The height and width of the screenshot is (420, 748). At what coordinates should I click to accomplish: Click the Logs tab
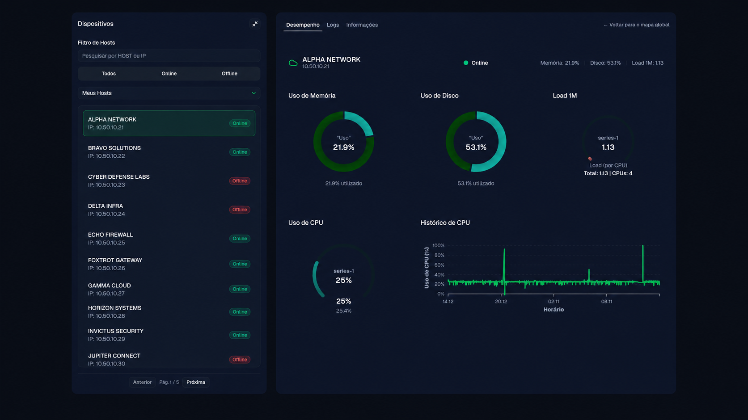tap(333, 25)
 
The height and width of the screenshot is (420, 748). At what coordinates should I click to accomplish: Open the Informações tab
tap(362, 25)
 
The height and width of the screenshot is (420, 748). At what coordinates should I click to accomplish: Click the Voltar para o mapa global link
tap(637, 25)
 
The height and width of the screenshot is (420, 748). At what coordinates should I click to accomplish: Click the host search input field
tap(169, 56)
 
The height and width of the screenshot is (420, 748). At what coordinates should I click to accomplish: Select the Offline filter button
tap(229, 73)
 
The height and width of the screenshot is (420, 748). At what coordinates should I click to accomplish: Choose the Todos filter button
tap(109, 73)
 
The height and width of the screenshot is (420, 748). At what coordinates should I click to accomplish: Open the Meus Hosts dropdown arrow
tap(254, 93)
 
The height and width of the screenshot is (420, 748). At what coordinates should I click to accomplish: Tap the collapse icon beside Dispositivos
tap(255, 24)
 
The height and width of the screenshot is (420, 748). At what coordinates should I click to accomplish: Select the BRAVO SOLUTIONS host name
tap(114, 148)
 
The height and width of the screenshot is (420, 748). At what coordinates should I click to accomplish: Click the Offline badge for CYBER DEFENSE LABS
tap(240, 181)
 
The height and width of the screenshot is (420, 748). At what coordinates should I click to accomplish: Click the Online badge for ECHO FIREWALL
tap(240, 239)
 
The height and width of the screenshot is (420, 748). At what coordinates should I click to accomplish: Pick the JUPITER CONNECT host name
tap(114, 356)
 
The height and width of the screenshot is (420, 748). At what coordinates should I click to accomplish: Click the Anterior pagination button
tap(142, 382)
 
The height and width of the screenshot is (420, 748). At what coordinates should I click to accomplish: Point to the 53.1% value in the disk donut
tap(476, 147)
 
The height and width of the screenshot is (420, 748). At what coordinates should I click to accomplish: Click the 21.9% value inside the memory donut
tap(344, 147)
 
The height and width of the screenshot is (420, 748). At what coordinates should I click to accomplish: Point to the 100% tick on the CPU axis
tap(438, 246)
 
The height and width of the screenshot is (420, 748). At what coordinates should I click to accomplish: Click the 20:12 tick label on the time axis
tap(501, 302)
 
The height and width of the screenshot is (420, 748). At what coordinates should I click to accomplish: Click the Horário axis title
tap(554, 310)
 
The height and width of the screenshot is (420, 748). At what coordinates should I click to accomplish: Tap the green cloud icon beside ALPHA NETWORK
tap(293, 63)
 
